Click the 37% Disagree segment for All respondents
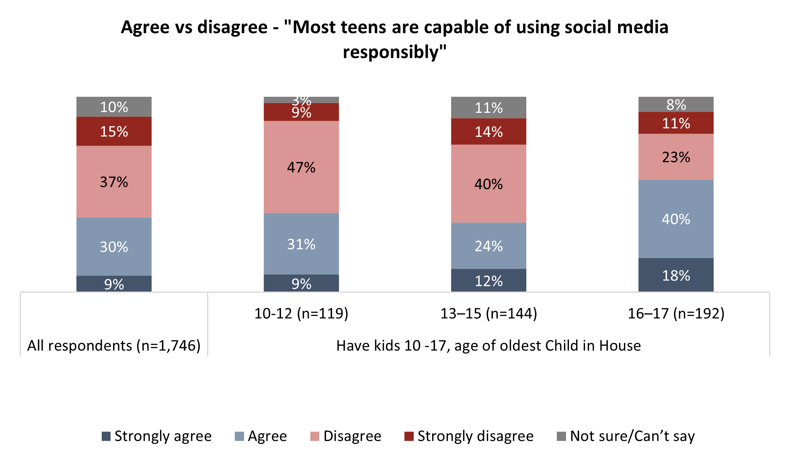coord(114,182)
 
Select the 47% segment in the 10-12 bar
coord(301,167)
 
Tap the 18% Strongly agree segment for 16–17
coord(676,275)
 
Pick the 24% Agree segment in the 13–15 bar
coord(488,246)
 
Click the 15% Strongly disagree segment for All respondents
coord(114,131)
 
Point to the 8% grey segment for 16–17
coord(676,104)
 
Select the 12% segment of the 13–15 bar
coord(488,280)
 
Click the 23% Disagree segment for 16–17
coord(676,157)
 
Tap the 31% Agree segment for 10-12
coord(301,244)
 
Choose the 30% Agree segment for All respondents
coord(114,247)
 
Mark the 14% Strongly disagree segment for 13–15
coord(488,132)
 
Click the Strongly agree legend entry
coord(156,436)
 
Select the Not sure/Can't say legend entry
coord(626,436)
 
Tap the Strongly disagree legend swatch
coord(409,436)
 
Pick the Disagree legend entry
coord(346,436)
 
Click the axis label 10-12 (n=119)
coord(301,313)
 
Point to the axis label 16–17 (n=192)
coord(676,313)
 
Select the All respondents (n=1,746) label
coord(114,345)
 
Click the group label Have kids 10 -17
coord(488,345)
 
